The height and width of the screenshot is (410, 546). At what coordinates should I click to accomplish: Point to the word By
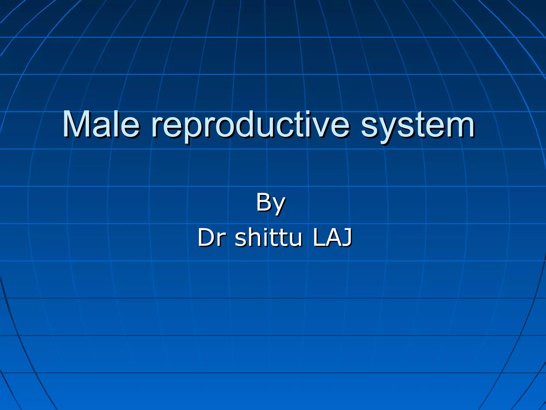click(271, 203)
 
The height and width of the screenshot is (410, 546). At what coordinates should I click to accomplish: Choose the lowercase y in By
click(279, 206)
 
